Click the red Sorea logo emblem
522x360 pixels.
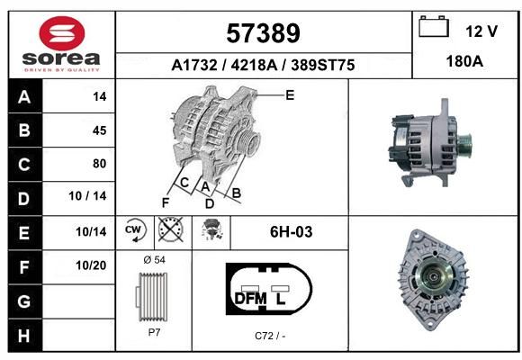pyautogui.click(x=62, y=33)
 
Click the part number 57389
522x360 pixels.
pyautogui.click(x=263, y=33)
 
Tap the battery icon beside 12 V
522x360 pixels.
pyautogui.click(x=434, y=26)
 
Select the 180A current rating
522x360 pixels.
pyautogui.click(x=464, y=61)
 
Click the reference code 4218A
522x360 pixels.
pyautogui.click(x=254, y=65)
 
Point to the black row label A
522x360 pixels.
pyautogui.click(x=24, y=97)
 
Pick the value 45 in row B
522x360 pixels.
pyautogui.click(x=100, y=130)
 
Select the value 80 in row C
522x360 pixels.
pyautogui.click(x=100, y=164)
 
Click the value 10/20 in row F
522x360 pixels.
pyautogui.click(x=91, y=265)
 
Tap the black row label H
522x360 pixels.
pyautogui.click(x=24, y=336)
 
